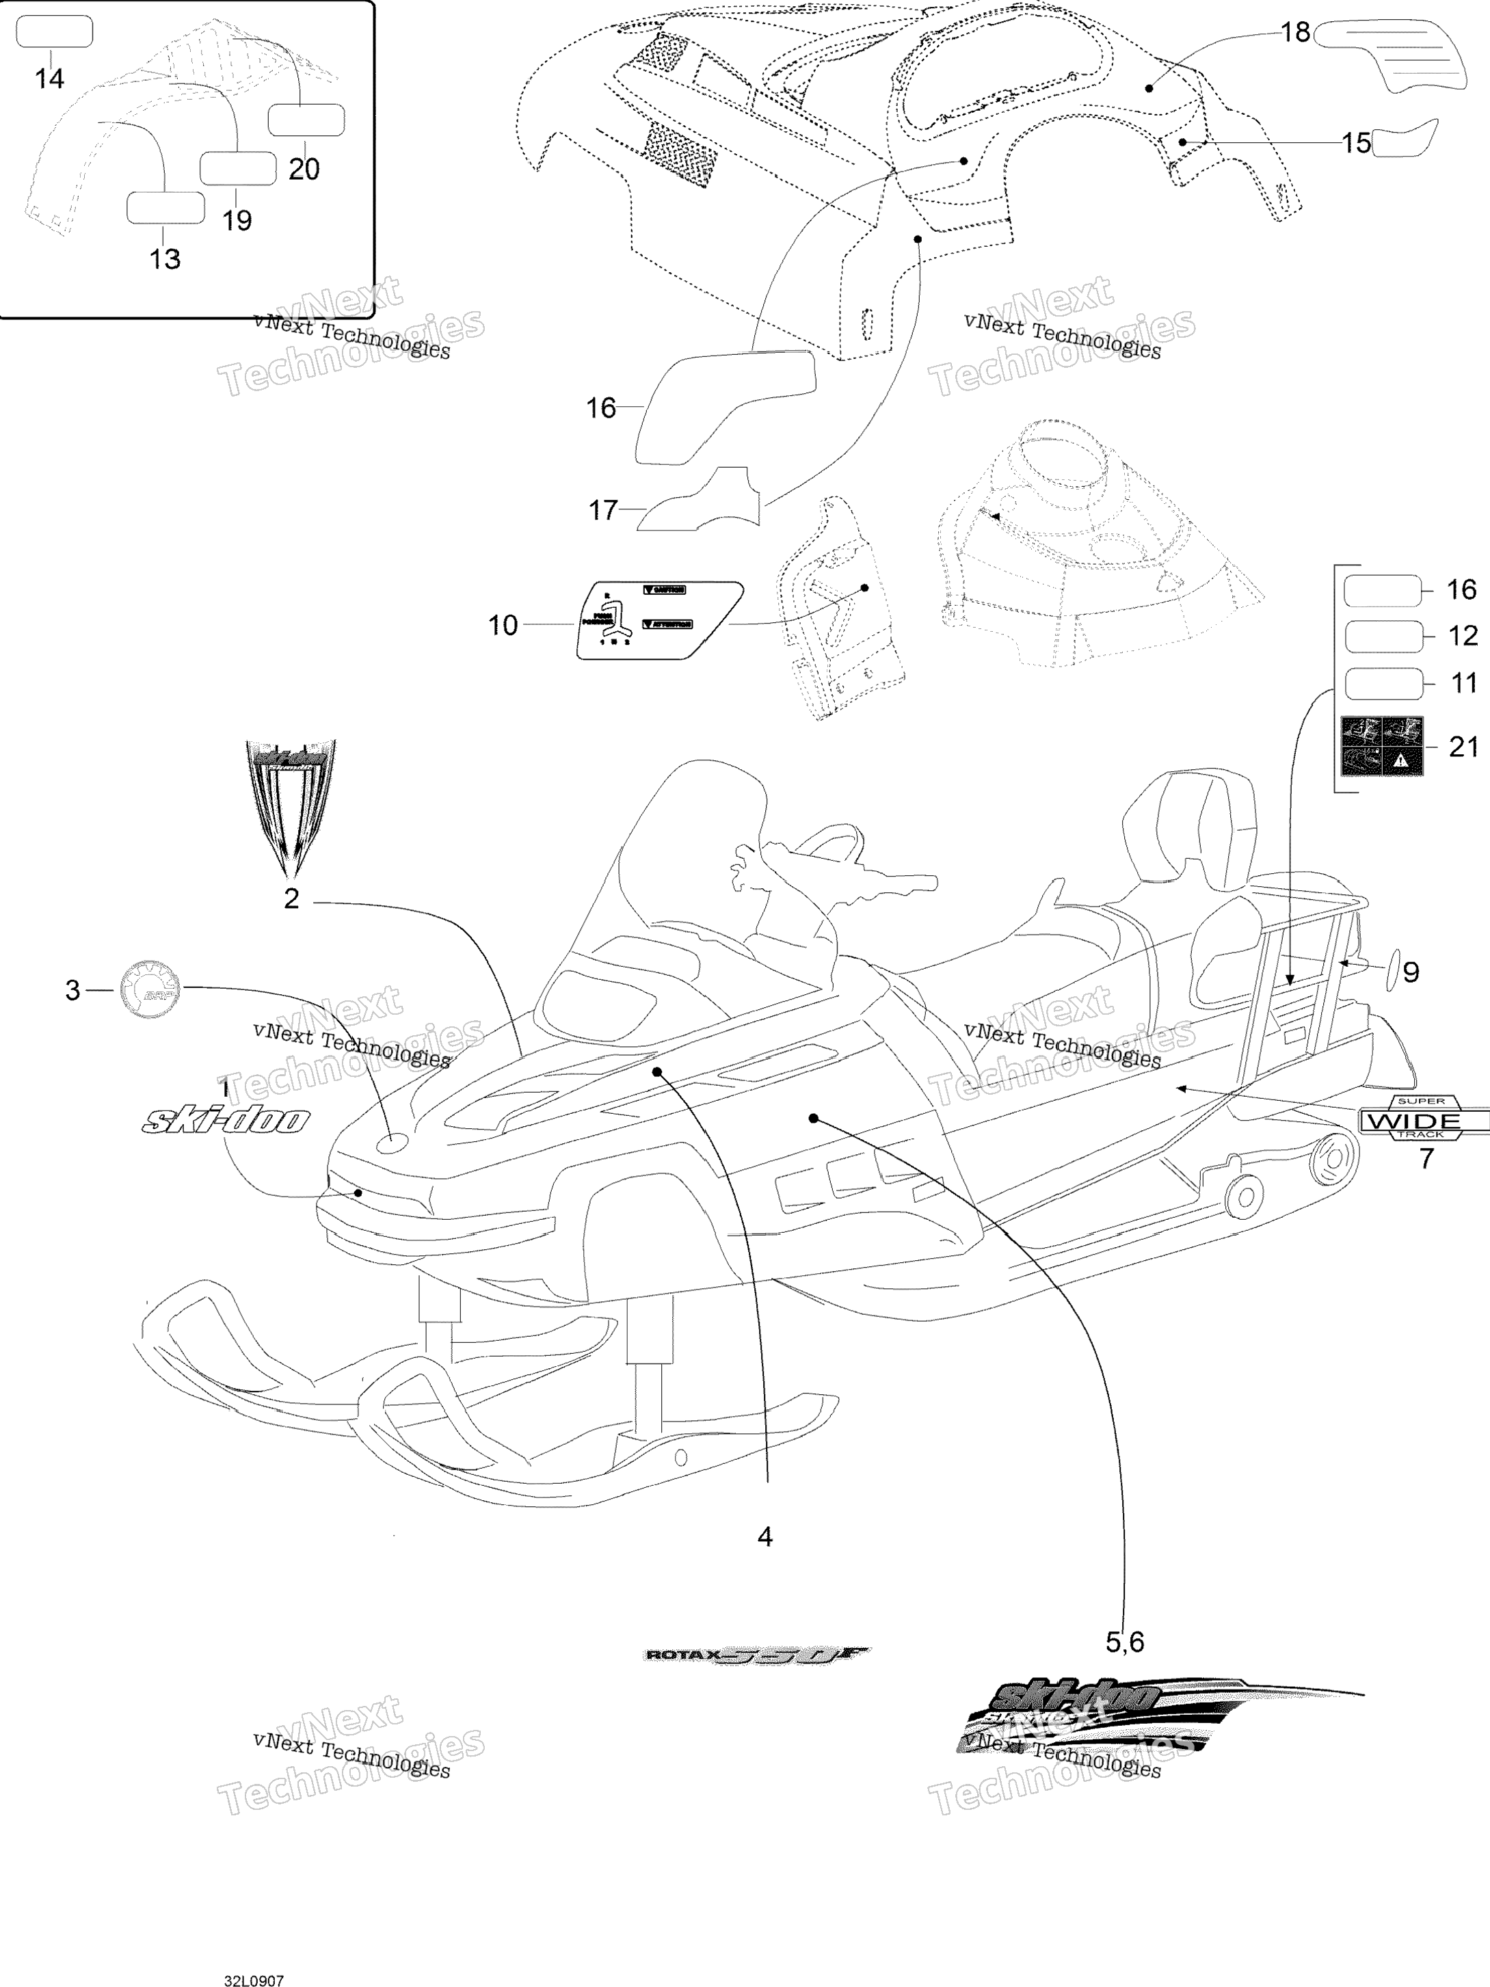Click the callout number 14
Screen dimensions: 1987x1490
[49, 79]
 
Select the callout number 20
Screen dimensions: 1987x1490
[304, 169]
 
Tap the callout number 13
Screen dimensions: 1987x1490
[164, 258]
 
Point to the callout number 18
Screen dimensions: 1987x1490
[1294, 34]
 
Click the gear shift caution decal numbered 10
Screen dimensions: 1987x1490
[660, 619]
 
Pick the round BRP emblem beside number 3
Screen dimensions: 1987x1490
[150, 990]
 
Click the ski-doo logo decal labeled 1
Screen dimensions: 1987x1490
[226, 1120]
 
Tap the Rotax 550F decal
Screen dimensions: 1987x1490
[757, 1655]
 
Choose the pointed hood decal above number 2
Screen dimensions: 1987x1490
[290, 804]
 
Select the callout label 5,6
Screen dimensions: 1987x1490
[1124, 1642]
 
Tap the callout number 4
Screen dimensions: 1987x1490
[764, 1537]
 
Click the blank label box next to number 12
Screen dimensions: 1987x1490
[1383, 636]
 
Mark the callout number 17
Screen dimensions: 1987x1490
[602, 510]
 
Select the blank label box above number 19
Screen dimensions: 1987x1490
[237, 168]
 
